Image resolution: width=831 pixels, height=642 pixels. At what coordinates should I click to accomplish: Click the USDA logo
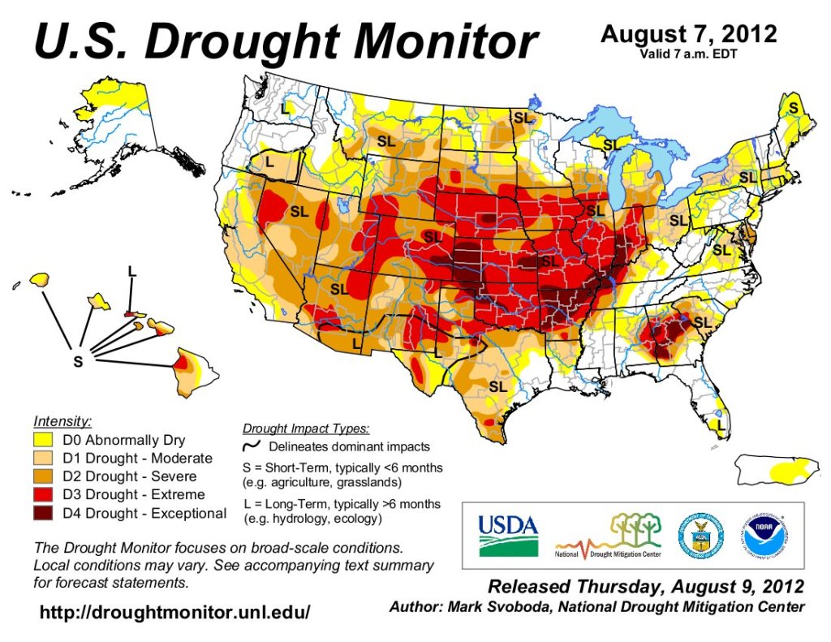(508, 536)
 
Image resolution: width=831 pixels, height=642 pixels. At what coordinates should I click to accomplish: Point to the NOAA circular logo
(764, 536)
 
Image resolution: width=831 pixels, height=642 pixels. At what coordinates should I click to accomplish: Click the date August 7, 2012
(688, 34)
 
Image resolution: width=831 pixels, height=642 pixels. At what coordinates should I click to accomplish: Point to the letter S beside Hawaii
(78, 362)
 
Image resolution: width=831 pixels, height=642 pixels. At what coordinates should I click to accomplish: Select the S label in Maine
(793, 108)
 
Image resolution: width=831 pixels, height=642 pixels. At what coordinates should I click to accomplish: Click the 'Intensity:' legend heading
(62, 421)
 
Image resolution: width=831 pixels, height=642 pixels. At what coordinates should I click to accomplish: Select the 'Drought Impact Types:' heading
(306, 428)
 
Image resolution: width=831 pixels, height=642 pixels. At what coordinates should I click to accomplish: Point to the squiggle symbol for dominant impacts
(252, 446)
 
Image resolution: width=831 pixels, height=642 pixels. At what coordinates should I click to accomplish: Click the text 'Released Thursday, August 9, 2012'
(646, 586)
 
